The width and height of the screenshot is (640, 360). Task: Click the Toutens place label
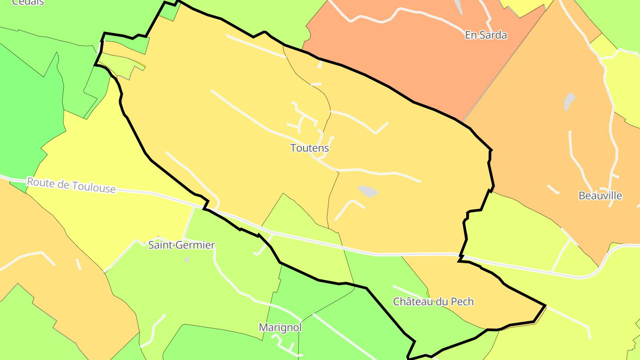point(309,148)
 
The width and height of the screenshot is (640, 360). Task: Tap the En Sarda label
point(486,35)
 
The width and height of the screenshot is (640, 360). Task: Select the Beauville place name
point(600,196)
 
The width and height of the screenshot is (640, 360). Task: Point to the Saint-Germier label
point(181,245)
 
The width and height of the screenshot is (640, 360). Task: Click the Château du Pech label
point(433,302)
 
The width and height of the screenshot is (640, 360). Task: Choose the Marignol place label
point(280,328)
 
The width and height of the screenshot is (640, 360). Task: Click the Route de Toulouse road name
point(71,185)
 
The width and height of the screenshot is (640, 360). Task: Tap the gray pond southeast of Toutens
point(368,191)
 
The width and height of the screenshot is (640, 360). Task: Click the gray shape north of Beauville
point(569,101)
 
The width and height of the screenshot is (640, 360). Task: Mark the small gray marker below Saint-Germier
point(187,259)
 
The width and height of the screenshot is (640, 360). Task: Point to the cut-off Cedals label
point(28,2)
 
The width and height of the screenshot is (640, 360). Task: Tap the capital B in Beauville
point(582,196)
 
